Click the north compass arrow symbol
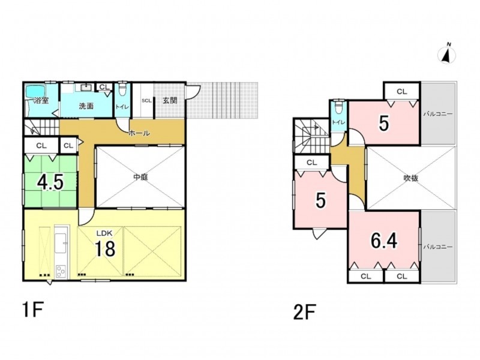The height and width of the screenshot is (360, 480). (447, 55)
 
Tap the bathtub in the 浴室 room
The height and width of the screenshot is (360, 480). (35, 91)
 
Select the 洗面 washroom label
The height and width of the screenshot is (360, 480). (86, 106)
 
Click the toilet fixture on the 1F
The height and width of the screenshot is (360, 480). (122, 89)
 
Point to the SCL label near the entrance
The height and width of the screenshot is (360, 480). (146, 100)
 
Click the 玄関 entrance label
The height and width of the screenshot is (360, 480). (170, 100)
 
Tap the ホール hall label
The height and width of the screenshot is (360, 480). (139, 133)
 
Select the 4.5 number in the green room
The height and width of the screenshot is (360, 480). (50, 182)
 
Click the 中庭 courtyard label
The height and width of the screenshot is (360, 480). (141, 177)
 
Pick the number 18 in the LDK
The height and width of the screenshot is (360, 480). (105, 248)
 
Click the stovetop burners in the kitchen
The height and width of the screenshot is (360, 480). (61, 271)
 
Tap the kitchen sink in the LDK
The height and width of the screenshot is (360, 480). (61, 243)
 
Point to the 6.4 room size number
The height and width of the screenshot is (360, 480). (384, 241)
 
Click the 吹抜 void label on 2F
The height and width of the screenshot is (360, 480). (410, 178)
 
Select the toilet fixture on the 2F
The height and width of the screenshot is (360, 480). (338, 108)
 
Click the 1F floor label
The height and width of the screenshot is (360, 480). (32, 310)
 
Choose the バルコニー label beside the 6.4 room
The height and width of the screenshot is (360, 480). (438, 247)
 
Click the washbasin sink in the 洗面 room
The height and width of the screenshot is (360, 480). (86, 88)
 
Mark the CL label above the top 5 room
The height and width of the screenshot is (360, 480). (401, 92)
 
